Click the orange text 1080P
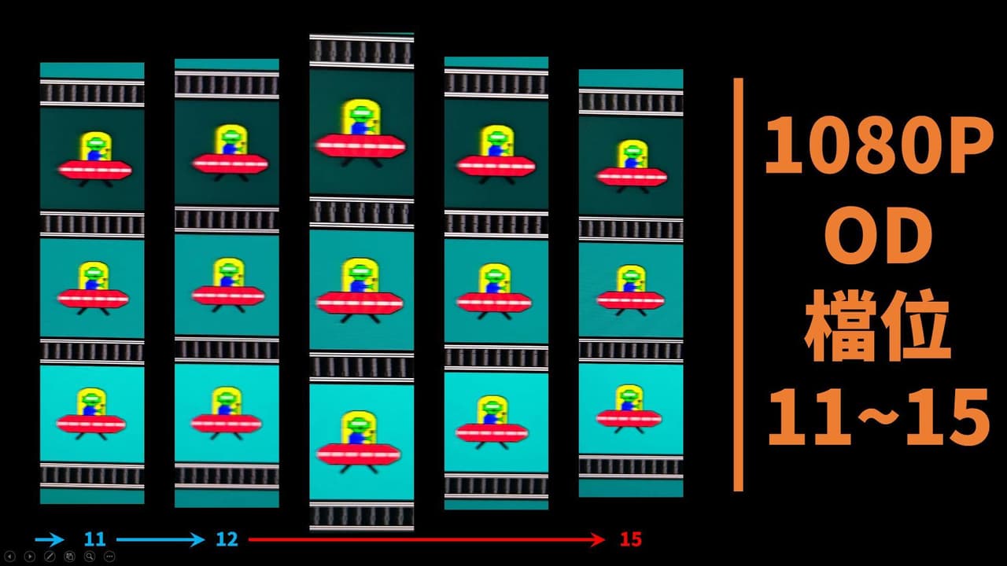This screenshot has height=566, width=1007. (880, 145)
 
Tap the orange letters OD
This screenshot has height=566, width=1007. (879, 236)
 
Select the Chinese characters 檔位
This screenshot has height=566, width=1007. (877, 325)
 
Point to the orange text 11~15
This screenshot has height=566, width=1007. (879, 417)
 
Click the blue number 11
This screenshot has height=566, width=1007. (95, 539)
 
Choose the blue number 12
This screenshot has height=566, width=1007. (227, 539)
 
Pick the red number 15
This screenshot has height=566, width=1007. (631, 539)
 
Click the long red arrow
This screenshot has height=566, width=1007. (426, 539)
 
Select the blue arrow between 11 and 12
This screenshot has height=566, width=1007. (160, 539)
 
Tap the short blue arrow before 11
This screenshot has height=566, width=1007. (50, 539)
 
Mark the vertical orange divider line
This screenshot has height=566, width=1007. (738, 285)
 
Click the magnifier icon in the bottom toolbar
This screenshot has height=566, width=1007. (90, 557)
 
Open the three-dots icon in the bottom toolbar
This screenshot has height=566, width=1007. (109, 557)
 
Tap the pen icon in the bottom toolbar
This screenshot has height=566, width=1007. (50, 557)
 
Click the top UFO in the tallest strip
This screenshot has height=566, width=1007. (360, 134)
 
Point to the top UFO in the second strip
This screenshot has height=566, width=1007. (231, 153)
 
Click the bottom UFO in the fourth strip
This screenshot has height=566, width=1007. (492, 422)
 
